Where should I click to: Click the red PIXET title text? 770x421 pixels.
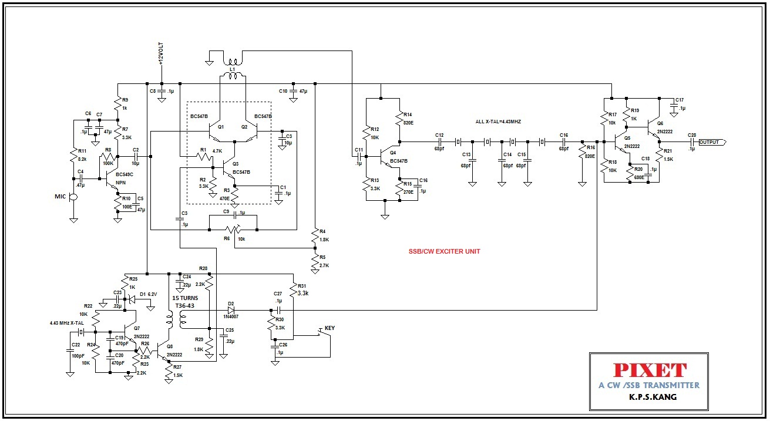click(x=649, y=370)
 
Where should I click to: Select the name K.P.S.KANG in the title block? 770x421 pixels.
click(x=649, y=398)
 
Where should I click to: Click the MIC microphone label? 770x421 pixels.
click(x=60, y=197)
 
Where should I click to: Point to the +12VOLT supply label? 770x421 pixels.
click(x=161, y=54)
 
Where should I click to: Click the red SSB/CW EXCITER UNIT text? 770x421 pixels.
click(x=445, y=251)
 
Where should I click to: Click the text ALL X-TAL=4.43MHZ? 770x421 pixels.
click(x=498, y=122)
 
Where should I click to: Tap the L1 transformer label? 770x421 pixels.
click(x=232, y=69)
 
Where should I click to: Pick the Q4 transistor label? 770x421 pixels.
click(x=392, y=153)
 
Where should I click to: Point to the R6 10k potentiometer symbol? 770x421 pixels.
click(x=236, y=230)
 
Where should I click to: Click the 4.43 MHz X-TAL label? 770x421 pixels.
click(x=67, y=323)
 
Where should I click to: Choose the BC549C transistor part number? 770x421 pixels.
click(x=125, y=174)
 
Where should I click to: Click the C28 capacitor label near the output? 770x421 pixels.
click(x=692, y=135)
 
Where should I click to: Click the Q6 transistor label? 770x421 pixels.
click(x=660, y=123)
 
